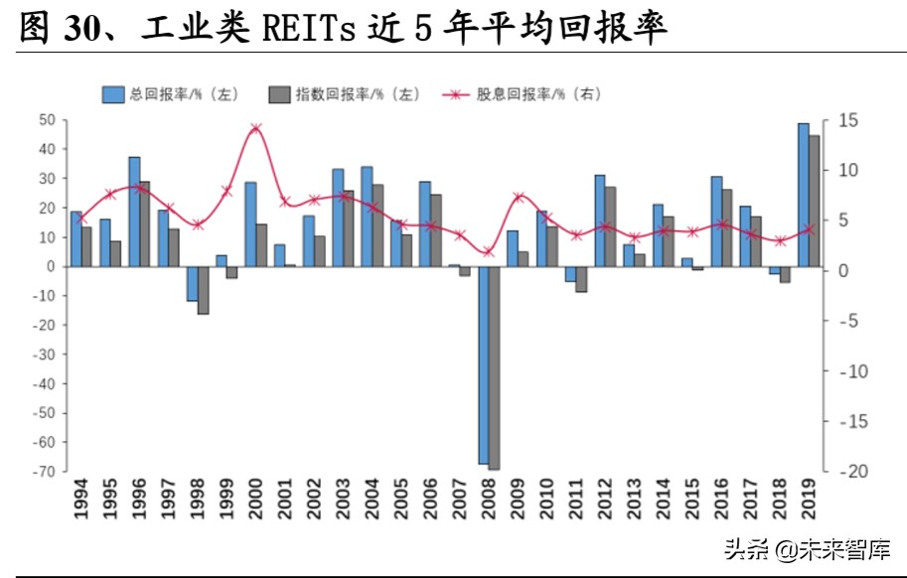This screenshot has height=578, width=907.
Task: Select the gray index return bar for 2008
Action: pos(494,367)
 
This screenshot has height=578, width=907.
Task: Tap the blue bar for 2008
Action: pos(484,364)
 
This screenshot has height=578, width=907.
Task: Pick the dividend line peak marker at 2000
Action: pos(256,128)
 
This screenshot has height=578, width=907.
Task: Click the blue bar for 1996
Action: pos(134,212)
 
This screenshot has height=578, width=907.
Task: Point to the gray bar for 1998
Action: pos(203,290)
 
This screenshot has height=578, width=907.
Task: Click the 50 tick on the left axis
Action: pos(46,120)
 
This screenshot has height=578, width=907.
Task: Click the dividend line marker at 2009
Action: pos(518,198)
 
